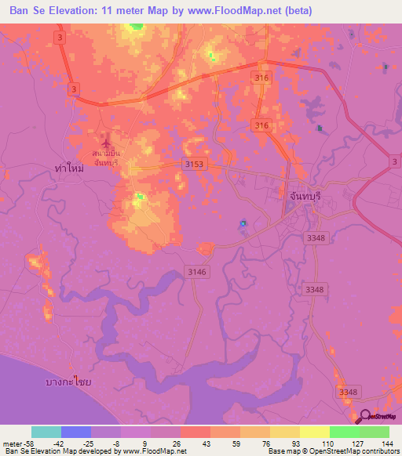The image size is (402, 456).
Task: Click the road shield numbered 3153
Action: click(x=194, y=163)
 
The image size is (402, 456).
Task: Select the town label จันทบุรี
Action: click(x=301, y=199)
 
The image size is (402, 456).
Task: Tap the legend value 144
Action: click(x=388, y=443)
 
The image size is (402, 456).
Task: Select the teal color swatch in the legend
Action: click(x=46, y=432)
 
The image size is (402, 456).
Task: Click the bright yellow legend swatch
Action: click(x=314, y=432)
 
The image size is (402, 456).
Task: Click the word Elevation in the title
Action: click(x=79, y=11)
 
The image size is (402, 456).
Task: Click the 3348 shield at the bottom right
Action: click(x=348, y=391)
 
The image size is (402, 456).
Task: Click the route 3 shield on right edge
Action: click(x=394, y=161)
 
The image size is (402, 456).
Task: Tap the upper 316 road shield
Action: click(x=261, y=76)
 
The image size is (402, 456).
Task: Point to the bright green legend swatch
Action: click(x=344, y=432)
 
